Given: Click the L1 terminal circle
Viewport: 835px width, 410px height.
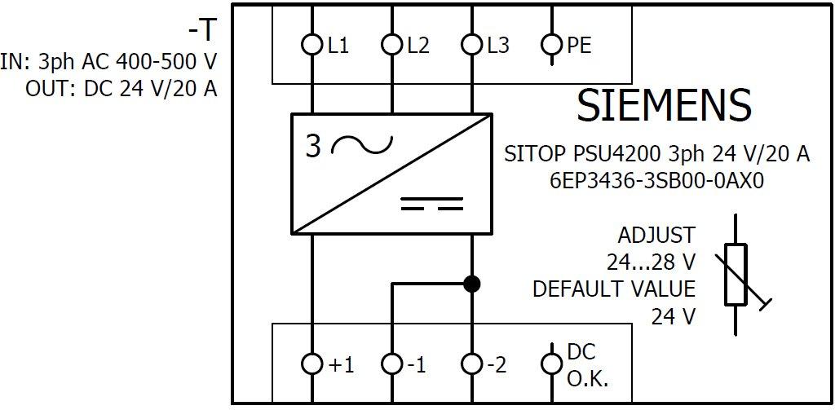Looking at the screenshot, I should (312, 45).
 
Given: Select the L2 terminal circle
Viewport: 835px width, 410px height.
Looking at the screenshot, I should (392, 45).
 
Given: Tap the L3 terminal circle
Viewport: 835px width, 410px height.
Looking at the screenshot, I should (471, 45).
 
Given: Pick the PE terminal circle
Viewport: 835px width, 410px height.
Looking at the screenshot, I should (552, 45).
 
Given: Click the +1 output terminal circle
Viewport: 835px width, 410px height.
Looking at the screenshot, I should (312, 364).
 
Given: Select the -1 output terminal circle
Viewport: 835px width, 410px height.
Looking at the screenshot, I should (392, 364).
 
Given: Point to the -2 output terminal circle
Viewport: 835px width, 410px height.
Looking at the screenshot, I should (471, 364).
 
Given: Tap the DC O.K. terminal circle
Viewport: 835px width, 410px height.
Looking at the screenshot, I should (552, 364).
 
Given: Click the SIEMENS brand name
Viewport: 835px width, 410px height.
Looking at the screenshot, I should (663, 105).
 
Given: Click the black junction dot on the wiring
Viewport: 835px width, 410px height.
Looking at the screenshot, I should (471, 284).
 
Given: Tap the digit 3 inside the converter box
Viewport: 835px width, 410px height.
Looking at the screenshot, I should (314, 146).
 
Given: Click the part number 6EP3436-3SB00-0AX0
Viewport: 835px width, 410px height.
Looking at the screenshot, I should (656, 181).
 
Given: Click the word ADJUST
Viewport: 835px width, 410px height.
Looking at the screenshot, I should (656, 236).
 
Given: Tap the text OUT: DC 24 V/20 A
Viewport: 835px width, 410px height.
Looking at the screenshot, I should (121, 88).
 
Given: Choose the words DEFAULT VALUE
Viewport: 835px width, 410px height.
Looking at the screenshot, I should (614, 289).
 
